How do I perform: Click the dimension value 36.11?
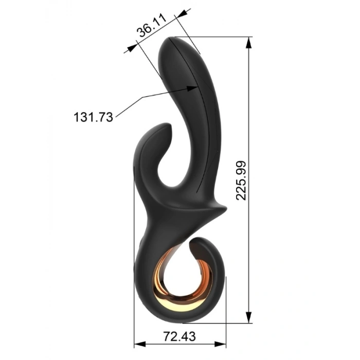[152, 25]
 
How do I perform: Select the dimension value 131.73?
[93, 117]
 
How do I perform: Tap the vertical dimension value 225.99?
[241, 181]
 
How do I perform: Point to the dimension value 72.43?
[179, 336]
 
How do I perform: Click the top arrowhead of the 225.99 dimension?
[248, 43]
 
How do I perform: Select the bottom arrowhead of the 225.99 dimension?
[248, 317]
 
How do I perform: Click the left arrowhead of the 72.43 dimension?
[140, 344]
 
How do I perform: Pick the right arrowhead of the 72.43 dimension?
[220, 344]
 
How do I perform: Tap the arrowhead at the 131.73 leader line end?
[192, 88]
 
